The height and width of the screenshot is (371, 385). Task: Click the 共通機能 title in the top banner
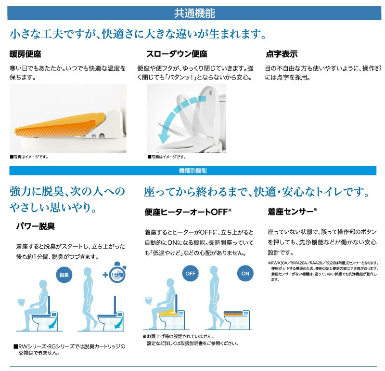pos(194,13)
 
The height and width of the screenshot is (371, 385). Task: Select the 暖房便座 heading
pos(26,54)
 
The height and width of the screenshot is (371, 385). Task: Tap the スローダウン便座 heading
pos(177,54)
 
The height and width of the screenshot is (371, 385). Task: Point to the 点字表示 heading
pos(282,54)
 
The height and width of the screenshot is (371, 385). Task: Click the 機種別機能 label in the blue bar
pos(193,171)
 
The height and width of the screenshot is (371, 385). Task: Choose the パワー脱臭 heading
pos(35,226)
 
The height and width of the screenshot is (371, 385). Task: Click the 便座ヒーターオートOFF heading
pos(188,212)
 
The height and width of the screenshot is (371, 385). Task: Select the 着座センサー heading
pos(292,212)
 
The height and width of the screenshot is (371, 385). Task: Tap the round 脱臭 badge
pos(64,275)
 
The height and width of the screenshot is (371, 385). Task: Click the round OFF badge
pos(190,273)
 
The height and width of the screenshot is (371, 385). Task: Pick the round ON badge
pos(245,273)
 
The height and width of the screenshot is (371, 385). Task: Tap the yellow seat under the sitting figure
pos(167,313)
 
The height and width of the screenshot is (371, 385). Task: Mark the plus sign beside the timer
pos(105,274)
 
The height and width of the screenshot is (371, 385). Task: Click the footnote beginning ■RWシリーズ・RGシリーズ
pos(69,350)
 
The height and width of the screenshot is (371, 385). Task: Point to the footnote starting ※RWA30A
pos(323,271)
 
